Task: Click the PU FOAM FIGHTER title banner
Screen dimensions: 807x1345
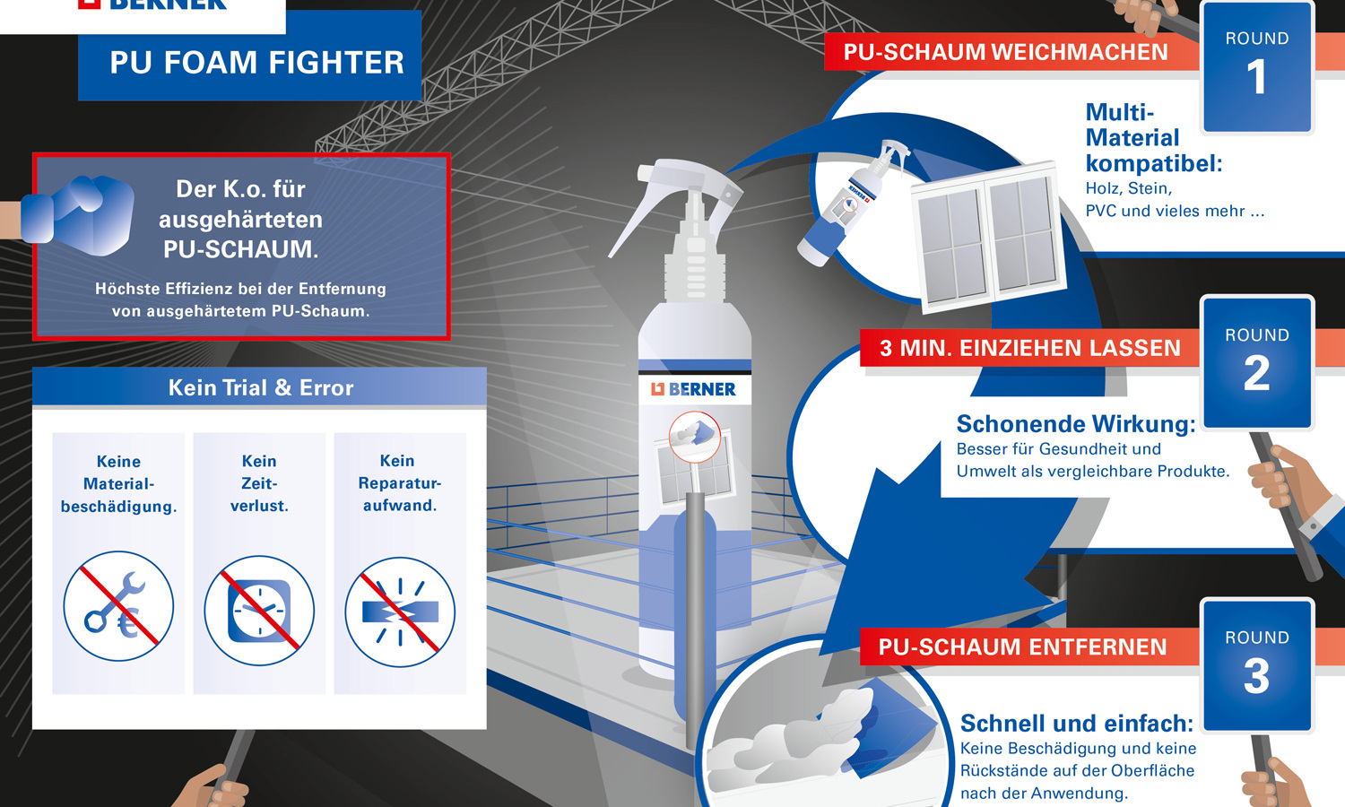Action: click(256, 63)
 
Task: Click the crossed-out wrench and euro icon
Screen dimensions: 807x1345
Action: click(118, 606)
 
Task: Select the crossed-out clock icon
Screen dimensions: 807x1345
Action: click(259, 610)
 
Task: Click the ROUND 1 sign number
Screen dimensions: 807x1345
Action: click(1256, 77)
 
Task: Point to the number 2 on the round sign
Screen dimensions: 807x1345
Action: click(1256, 374)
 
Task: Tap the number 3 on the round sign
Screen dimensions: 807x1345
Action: click(1256, 676)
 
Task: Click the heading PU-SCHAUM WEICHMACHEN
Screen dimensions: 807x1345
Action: click(1005, 53)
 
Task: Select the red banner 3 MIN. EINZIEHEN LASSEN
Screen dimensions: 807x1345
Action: click(1029, 349)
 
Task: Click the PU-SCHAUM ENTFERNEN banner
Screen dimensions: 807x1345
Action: click(1022, 647)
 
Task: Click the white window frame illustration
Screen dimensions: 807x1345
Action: click(986, 236)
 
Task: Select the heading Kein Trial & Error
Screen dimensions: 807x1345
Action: click(260, 388)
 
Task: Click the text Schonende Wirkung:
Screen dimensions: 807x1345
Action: click(1075, 424)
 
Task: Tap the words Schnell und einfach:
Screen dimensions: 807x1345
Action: click(1076, 724)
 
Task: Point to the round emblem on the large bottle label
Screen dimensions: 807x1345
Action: click(694, 437)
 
